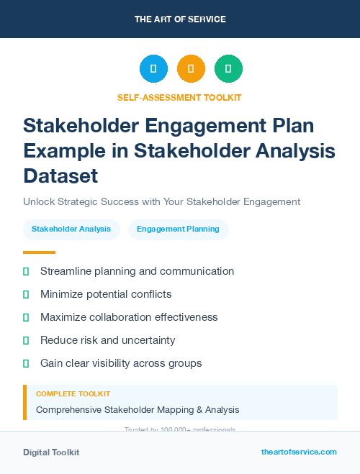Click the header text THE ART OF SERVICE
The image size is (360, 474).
(180, 19)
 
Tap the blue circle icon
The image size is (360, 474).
(153, 68)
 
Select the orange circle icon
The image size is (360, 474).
(191, 68)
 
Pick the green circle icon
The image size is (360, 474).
(228, 68)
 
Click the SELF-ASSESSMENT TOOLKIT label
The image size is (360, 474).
(179, 97)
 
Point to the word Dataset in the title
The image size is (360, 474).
(60, 175)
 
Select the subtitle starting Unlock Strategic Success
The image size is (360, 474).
(161, 202)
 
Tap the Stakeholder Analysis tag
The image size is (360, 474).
(71, 229)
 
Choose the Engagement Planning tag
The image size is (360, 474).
(179, 229)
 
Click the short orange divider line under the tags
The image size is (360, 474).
(39, 252)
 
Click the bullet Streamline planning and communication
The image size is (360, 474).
(137, 271)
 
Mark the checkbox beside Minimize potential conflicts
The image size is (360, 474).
(26, 295)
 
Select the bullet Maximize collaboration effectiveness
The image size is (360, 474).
(129, 317)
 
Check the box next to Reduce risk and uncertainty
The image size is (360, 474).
(26, 341)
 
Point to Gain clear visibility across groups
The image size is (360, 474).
(121, 363)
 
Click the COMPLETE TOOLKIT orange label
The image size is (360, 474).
(73, 394)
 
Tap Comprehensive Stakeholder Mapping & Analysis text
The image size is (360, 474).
(138, 410)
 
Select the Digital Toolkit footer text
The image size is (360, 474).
(51, 452)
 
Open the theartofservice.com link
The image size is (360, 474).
(299, 452)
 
